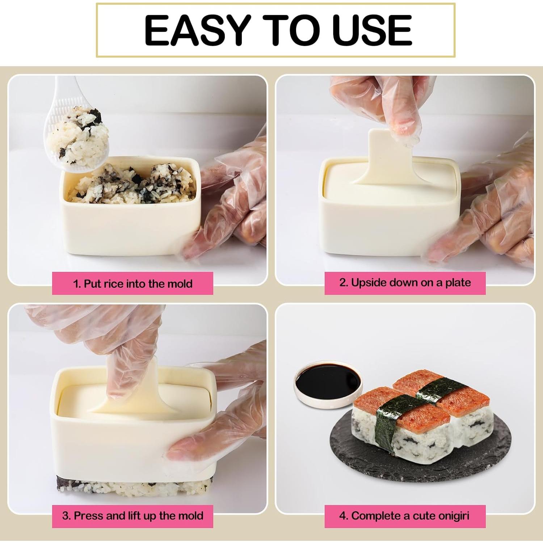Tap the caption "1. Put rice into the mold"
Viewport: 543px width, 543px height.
point(132,283)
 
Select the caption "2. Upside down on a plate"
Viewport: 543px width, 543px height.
point(405,283)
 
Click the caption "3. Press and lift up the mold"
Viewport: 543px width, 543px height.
point(132,515)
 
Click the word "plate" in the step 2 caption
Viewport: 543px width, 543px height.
point(458,283)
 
